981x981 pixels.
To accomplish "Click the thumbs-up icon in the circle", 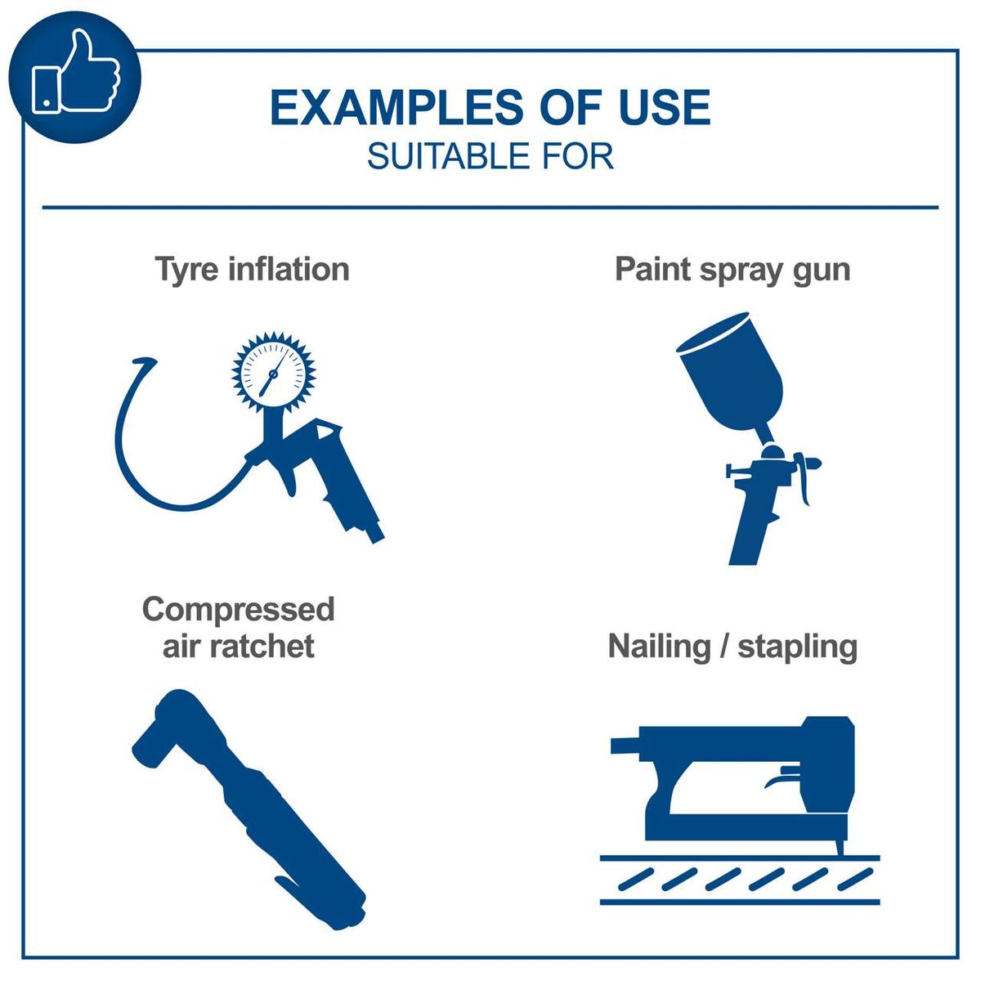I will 75,75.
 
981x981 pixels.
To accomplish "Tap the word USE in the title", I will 664,109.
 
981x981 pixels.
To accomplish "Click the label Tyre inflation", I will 252,269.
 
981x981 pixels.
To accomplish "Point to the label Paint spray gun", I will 732,269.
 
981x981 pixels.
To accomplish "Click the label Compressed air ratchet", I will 238,627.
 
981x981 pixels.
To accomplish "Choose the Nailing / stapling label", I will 732,647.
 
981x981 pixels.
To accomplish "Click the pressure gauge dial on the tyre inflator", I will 273,373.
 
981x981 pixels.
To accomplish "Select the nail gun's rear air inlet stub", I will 625,744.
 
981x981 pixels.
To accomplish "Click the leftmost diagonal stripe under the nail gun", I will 635,880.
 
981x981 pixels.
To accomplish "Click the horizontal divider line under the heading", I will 490,208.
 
